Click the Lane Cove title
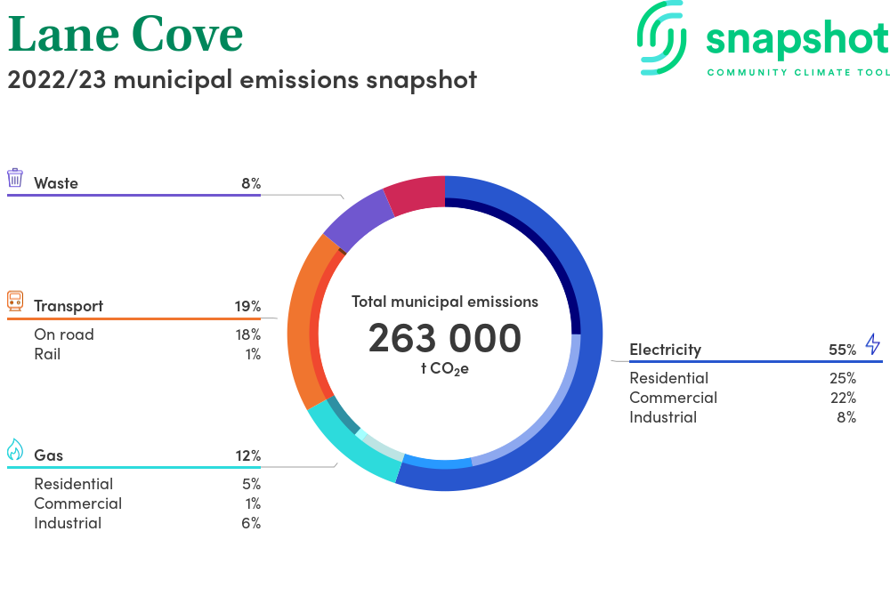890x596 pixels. (125, 35)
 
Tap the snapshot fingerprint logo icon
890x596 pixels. (662, 37)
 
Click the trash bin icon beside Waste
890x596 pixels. (15, 178)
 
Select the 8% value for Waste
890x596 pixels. (251, 183)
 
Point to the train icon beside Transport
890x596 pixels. (15, 301)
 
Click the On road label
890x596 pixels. (63, 334)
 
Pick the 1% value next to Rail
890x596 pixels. (253, 354)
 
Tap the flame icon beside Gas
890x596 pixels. (15, 450)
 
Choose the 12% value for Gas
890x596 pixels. (248, 455)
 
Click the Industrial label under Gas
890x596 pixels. (68, 523)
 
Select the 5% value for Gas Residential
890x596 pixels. (251, 484)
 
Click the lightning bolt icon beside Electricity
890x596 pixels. (872, 344)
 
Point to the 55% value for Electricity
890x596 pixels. (842, 350)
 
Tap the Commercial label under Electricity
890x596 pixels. (673, 398)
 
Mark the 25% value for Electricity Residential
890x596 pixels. (842, 378)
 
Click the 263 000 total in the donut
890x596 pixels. (445, 338)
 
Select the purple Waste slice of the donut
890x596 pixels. (357, 220)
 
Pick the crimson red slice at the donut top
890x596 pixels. (416, 195)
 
